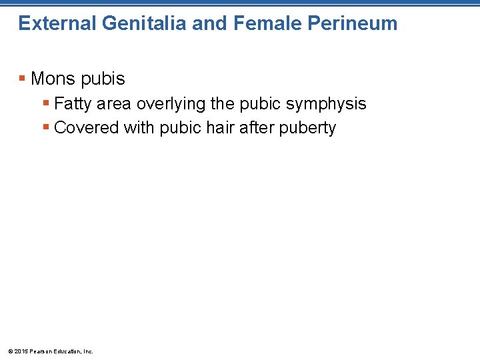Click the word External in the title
(57, 23)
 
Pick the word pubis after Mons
(104, 79)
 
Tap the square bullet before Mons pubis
(23, 79)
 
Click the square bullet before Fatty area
(46, 103)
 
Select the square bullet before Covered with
(46, 127)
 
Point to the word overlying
(167, 104)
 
